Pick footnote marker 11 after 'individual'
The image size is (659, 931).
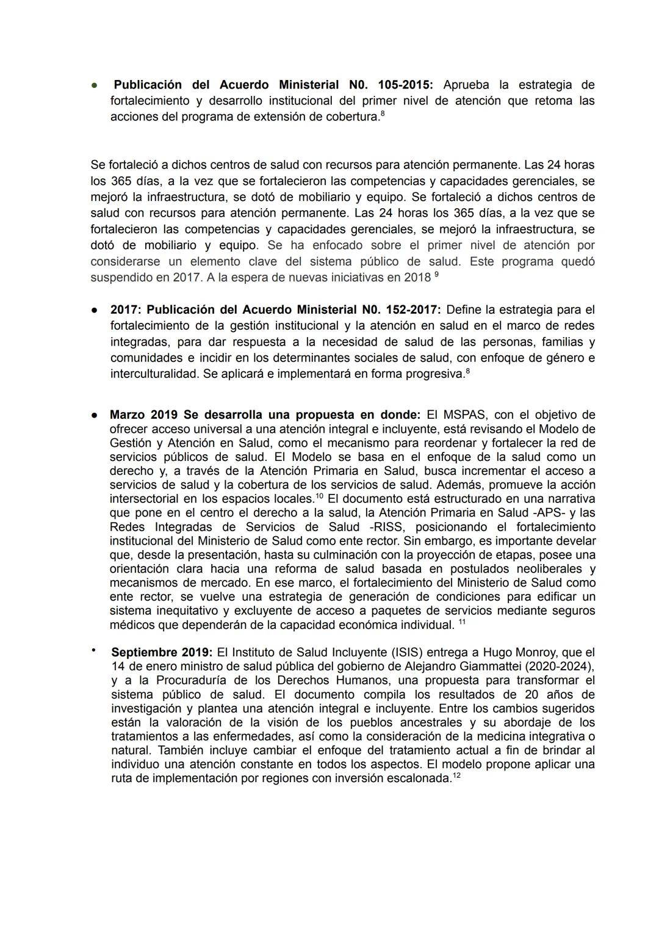click(x=462, y=622)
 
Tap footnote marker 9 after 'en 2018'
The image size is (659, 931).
click(x=436, y=275)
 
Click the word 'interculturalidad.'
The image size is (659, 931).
click(x=155, y=374)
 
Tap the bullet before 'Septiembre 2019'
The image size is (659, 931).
click(x=94, y=651)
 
